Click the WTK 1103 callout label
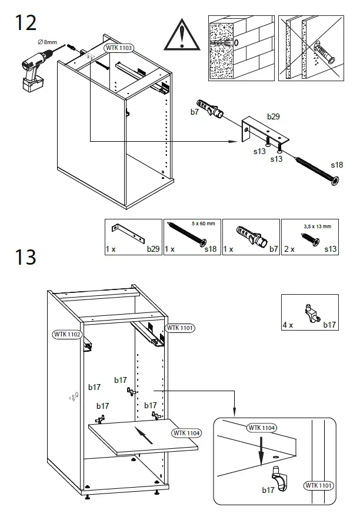click(x=119, y=48)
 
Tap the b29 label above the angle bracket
click(x=274, y=117)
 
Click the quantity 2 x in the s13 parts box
click(x=288, y=249)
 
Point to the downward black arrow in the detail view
click(x=259, y=449)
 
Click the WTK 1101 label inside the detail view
click(x=318, y=485)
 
